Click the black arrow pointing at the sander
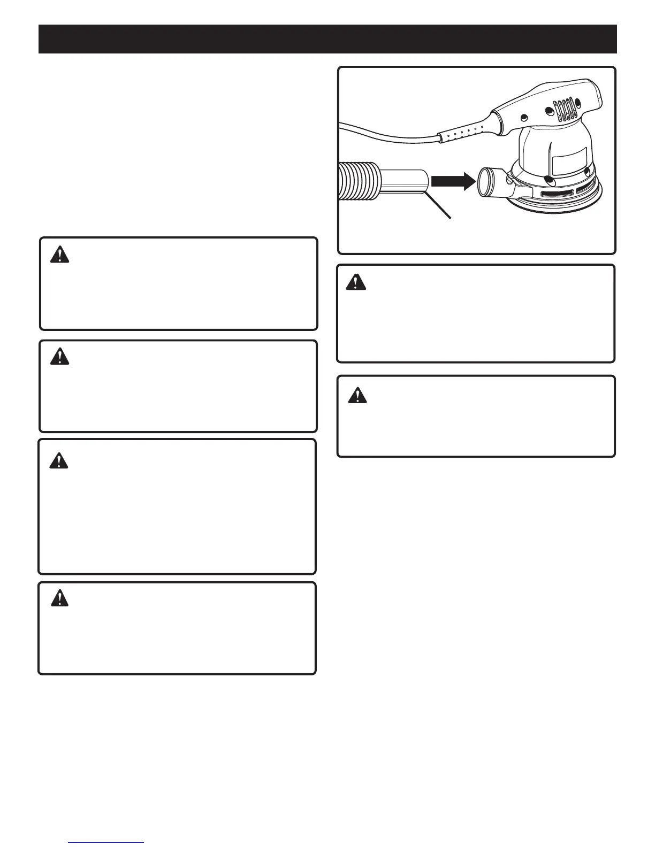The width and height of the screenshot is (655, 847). (x=453, y=182)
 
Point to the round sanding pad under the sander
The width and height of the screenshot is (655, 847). (x=557, y=206)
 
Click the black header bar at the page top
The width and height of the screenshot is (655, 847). (x=327, y=38)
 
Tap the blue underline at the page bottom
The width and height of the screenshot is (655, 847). (x=106, y=842)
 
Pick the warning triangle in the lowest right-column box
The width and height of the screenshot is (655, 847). (x=357, y=395)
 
